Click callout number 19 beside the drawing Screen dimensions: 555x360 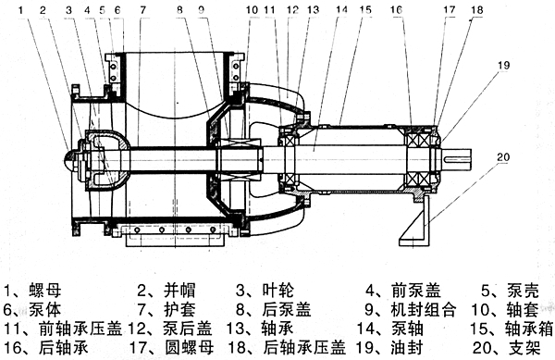click(503, 65)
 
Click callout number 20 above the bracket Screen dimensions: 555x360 click(503, 156)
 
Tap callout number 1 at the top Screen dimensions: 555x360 click(21, 9)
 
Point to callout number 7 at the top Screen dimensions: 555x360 click(142, 9)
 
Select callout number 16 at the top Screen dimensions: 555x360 click(397, 9)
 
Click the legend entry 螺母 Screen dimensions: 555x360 click(45, 291)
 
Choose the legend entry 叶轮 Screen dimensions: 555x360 click(278, 291)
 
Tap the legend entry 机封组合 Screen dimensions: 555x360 click(424, 309)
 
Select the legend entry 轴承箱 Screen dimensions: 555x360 click(529, 329)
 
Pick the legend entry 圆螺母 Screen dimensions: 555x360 click(190, 347)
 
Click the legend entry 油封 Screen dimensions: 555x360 click(407, 347)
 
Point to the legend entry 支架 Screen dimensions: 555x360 click(524, 347)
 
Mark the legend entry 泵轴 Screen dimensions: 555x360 click(407, 329)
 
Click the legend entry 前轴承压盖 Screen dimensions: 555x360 click(80, 329)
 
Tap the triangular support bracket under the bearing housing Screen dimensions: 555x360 click(414, 221)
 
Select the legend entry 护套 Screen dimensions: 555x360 click(179, 309)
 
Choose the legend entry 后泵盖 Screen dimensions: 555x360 click(287, 309)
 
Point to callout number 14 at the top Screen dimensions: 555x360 click(341, 9)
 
